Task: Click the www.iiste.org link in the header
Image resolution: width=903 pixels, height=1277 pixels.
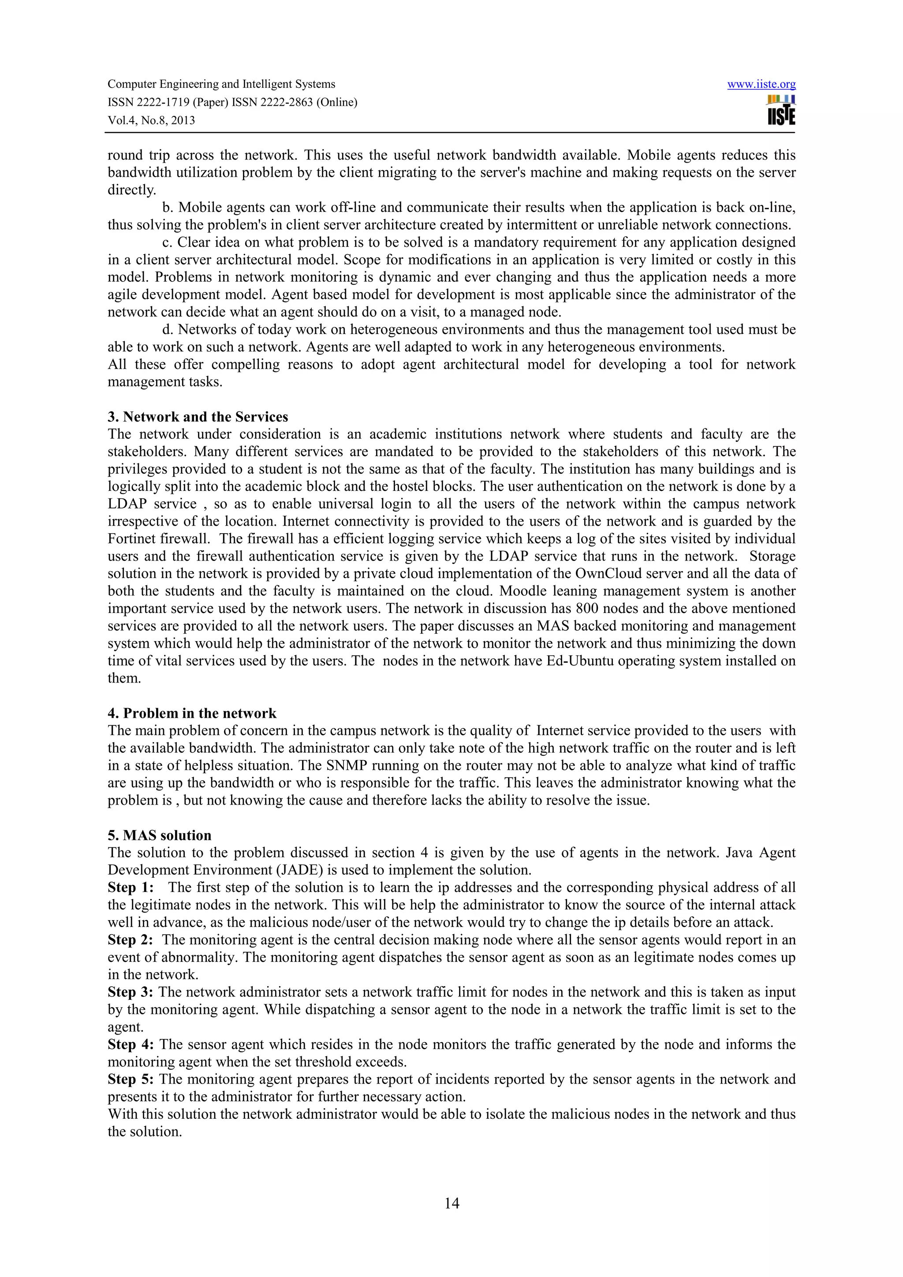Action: click(761, 85)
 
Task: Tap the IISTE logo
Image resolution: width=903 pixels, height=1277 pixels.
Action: click(781, 111)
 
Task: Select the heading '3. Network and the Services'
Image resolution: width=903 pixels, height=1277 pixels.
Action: click(198, 416)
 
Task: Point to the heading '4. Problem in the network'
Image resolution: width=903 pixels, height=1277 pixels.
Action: click(192, 713)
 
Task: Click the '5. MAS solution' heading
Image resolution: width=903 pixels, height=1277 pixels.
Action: click(159, 835)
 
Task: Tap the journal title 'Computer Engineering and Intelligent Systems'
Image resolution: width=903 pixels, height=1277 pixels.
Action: click(221, 85)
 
